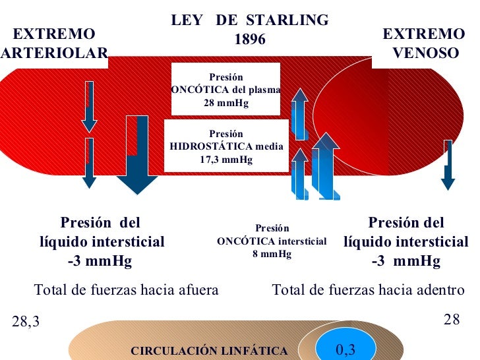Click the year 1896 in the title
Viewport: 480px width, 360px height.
pyautogui.click(x=250, y=40)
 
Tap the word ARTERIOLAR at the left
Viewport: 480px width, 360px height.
pyautogui.click(x=54, y=53)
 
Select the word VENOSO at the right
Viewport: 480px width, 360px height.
pyautogui.click(x=425, y=53)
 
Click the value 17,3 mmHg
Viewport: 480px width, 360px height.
pyautogui.click(x=225, y=159)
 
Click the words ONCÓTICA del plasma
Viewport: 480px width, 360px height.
pyautogui.click(x=225, y=90)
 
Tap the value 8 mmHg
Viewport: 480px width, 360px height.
pyautogui.click(x=272, y=253)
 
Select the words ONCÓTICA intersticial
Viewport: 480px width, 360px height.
pyautogui.click(x=272, y=241)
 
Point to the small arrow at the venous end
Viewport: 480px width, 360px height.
pyautogui.click(x=448, y=165)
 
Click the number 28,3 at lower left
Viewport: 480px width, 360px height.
pyautogui.click(x=26, y=322)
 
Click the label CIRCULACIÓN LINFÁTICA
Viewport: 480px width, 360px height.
pyautogui.click(x=209, y=351)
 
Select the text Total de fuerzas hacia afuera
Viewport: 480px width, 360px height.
pyautogui.click(x=126, y=289)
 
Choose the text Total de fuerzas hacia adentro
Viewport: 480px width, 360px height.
pyautogui.click(x=368, y=289)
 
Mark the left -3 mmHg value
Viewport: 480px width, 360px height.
pyautogui.click(x=100, y=261)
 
